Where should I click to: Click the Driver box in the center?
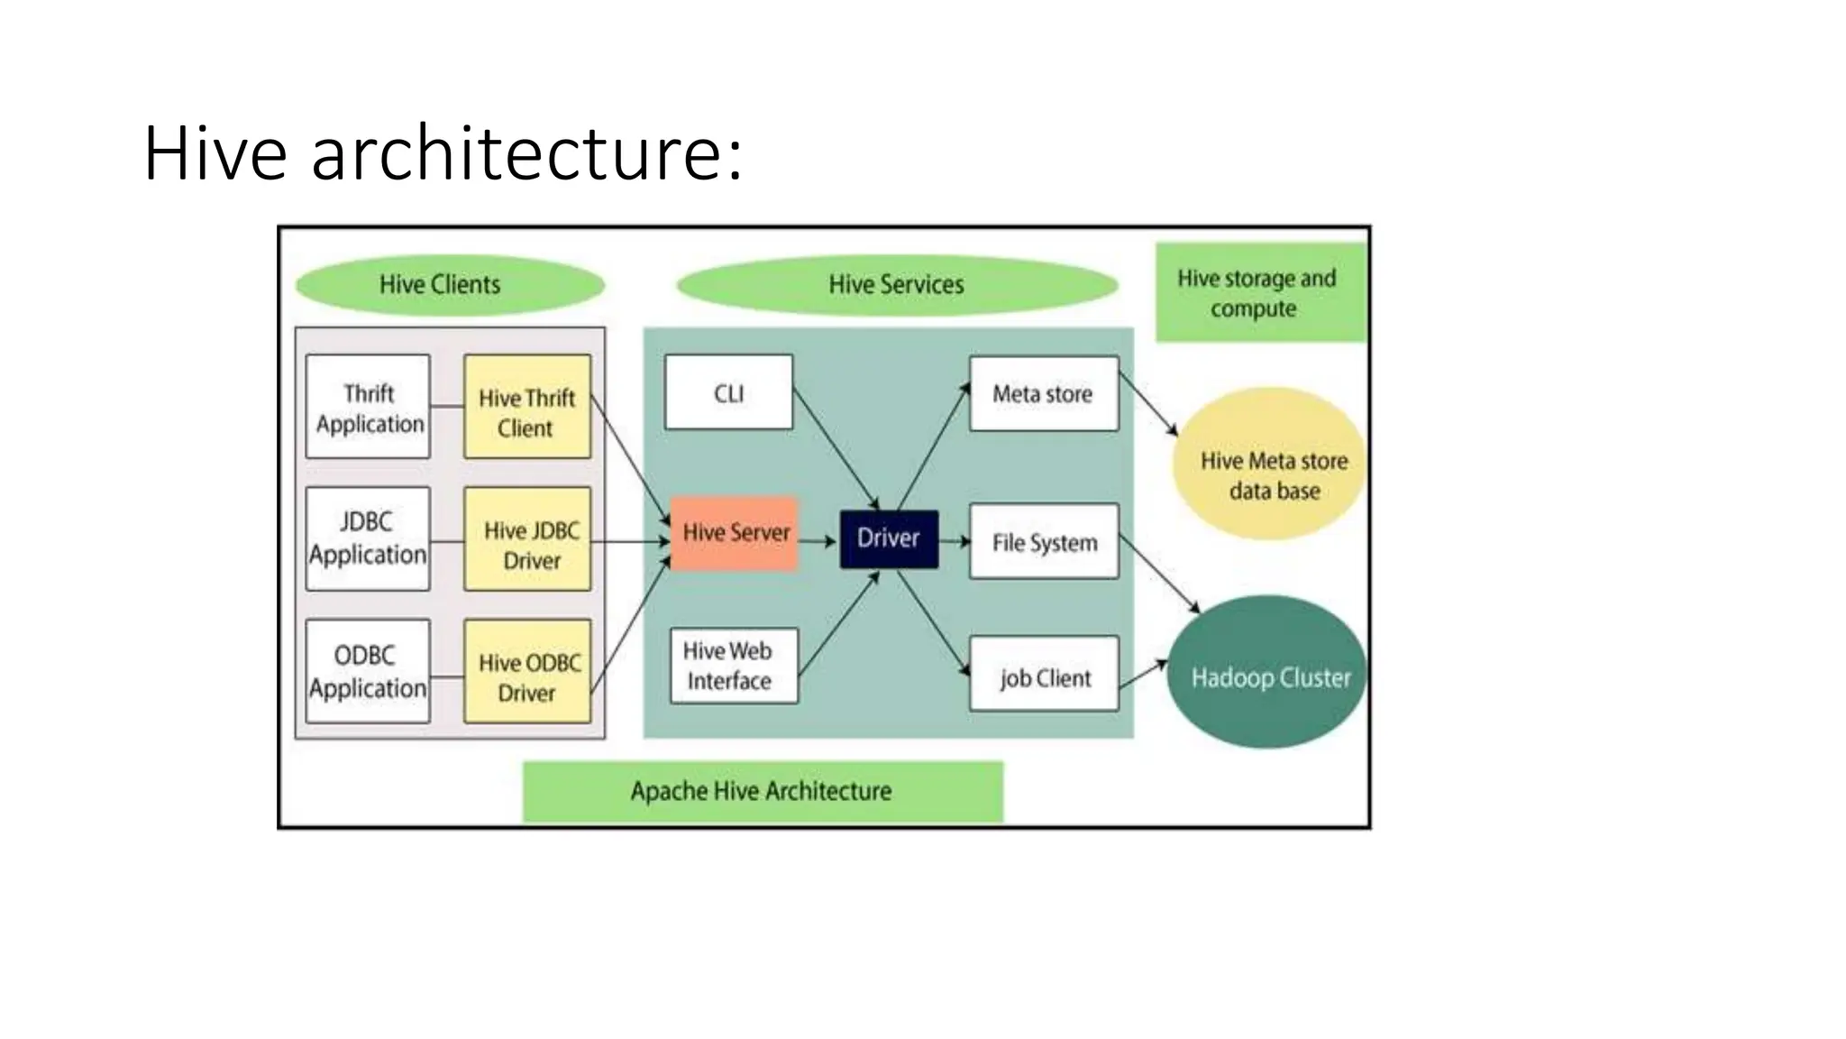tap(889, 538)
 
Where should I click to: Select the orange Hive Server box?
tap(735, 533)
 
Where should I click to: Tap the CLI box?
tap(728, 393)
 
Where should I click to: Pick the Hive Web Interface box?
tap(734, 666)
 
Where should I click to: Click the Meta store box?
tap(1043, 394)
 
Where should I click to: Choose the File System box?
tap(1044, 542)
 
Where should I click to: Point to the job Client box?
tap(1044, 675)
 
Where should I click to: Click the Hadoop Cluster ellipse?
tap(1267, 674)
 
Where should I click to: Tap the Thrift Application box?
tap(368, 407)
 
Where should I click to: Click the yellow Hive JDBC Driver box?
tap(528, 540)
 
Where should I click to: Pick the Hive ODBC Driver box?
tap(528, 672)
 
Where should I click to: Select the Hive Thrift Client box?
tap(527, 408)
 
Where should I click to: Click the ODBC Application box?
tap(368, 671)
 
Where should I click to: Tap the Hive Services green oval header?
tap(896, 285)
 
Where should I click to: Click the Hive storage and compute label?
tap(1259, 293)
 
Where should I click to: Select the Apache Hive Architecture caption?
tap(763, 791)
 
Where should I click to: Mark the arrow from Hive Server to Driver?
tap(818, 541)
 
